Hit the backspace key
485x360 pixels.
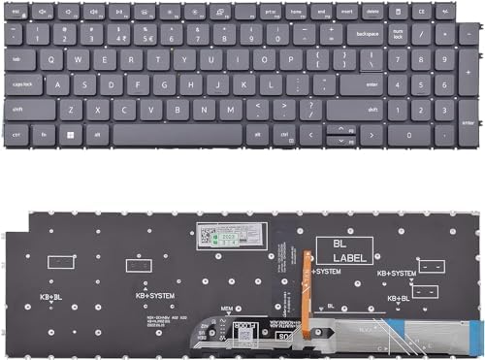point(367,34)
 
